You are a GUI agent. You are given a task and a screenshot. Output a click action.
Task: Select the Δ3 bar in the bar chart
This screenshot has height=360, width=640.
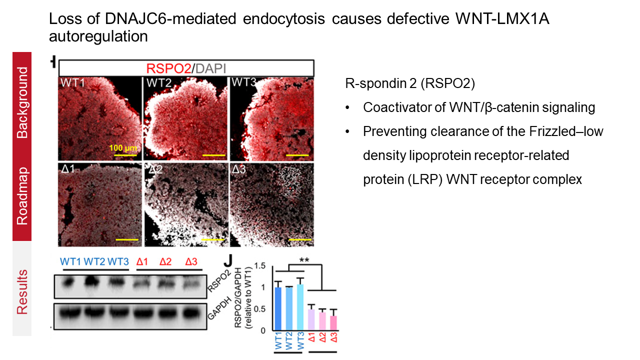point(333,323)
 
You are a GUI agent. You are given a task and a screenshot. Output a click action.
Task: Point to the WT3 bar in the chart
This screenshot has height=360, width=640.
point(300,307)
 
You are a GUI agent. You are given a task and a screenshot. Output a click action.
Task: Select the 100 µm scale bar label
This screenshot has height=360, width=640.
point(123,148)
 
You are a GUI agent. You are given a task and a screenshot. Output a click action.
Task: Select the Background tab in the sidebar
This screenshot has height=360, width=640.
point(22,102)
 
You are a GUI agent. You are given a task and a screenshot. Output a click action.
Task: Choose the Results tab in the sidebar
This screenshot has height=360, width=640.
point(22,291)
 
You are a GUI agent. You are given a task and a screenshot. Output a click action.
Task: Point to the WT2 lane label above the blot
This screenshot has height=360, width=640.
point(94,261)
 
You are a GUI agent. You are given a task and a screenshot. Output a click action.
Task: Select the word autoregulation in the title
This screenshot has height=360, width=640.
point(98,36)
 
